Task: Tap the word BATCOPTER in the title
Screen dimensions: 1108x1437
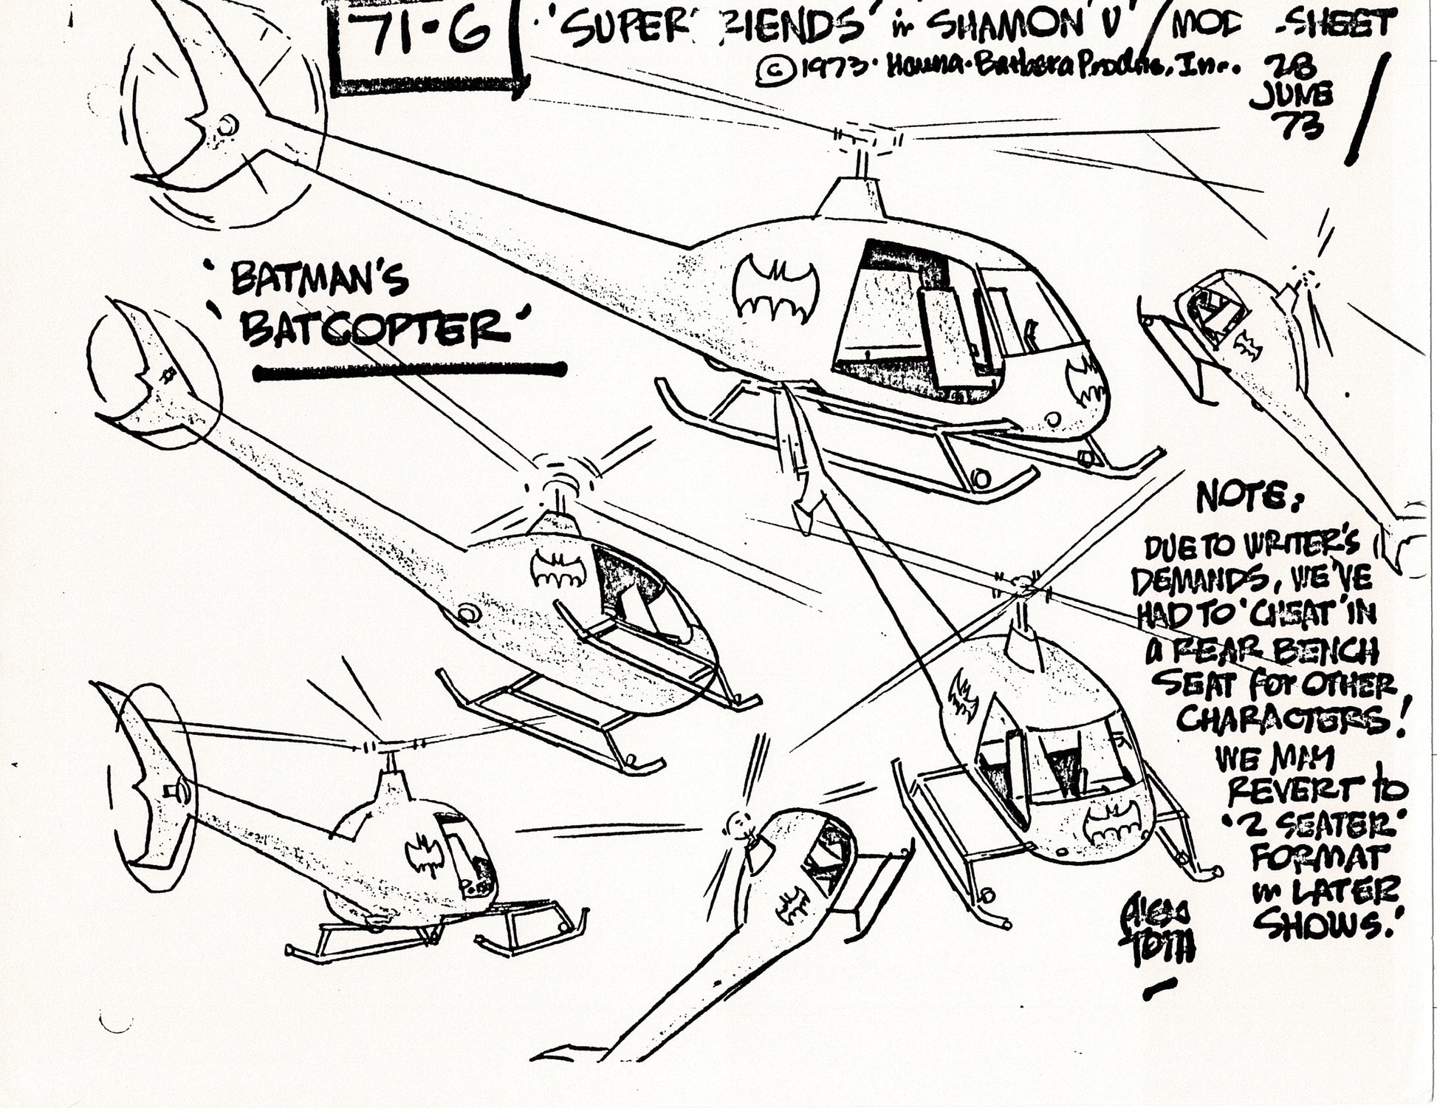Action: point(375,329)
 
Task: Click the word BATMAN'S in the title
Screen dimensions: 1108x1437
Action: point(319,281)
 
